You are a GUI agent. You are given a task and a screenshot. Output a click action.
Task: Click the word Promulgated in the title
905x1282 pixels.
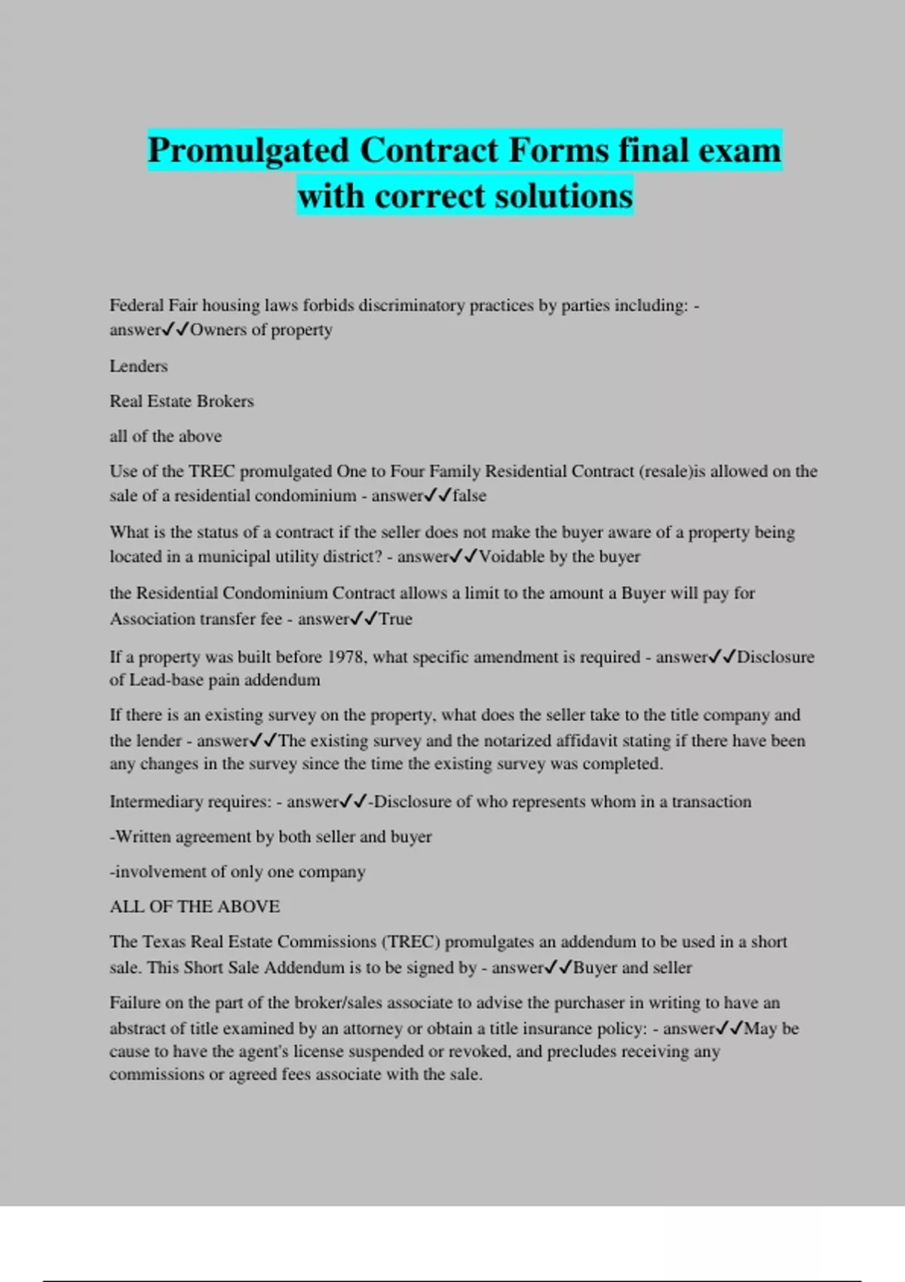248,150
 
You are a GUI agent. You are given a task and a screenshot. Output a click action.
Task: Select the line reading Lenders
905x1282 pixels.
139,366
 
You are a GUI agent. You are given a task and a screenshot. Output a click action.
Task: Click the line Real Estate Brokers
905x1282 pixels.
182,401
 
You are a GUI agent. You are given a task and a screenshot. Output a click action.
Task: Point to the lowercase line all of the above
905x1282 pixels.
166,436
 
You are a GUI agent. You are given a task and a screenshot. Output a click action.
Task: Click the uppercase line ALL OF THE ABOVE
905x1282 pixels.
195,906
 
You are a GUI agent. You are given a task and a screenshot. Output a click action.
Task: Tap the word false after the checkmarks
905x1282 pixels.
469,495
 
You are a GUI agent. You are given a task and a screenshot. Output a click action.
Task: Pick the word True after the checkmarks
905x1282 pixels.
395,619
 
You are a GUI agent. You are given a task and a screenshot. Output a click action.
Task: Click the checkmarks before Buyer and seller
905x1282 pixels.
559,968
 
